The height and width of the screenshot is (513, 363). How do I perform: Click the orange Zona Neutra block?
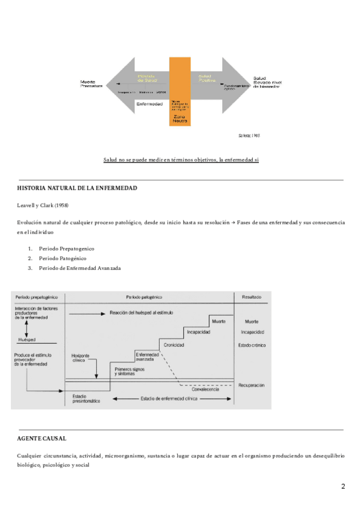click(180, 91)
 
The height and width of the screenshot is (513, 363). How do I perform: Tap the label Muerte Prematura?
click(92, 83)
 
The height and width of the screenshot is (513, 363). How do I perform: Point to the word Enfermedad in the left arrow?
click(150, 103)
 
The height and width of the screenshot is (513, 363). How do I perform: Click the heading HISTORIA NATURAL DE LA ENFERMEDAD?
click(77, 188)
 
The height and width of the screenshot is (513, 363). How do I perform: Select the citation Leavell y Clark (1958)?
click(42, 206)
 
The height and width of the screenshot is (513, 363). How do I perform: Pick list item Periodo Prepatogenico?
click(67, 249)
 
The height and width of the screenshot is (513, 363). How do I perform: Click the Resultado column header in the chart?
click(252, 298)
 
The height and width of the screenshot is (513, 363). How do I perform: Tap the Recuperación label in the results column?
click(252, 385)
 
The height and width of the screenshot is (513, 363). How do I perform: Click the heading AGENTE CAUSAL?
click(42, 438)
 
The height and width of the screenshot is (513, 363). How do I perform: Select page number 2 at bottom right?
click(343, 486)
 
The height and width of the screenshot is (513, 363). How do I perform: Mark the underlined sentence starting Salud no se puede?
click(181, 160)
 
